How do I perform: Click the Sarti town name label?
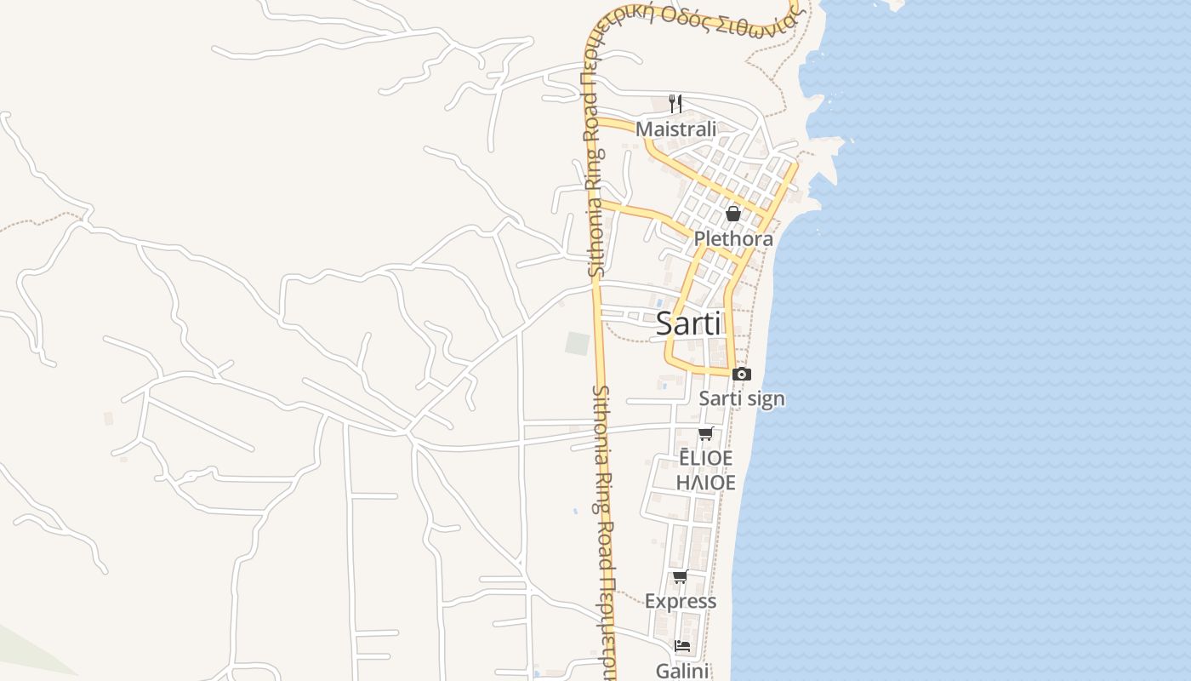tap(688, 324)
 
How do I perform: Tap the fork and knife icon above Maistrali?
tap(675, 104)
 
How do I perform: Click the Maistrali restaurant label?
tap(676, 129)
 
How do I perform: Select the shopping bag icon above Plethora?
tap(733, 214)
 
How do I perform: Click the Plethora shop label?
tap(733, 238)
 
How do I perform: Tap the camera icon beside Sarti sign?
tap(742, 375)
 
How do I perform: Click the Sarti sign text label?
tap(742, 398)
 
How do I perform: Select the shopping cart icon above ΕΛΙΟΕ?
tap(705, 434)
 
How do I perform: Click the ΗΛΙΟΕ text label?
tap(705, 483)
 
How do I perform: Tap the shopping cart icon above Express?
tap(681, 577)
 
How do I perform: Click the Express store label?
tap(681, 601)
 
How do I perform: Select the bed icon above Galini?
tap(682, 646)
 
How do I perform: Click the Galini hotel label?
tap(682, 671)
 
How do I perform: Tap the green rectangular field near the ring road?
tap(578, 344)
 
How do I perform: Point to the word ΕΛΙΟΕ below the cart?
tap(705, 458)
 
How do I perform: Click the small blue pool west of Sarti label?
tap(659, 302)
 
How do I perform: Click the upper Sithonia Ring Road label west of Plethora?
tap(595, 213)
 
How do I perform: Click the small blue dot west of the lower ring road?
tap(575, 511)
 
